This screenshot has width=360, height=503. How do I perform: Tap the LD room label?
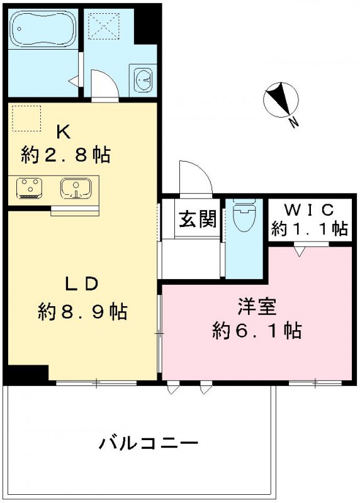[82, 284]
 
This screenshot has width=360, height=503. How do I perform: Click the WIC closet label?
[309, 209]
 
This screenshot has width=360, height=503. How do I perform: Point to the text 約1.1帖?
[309, 229]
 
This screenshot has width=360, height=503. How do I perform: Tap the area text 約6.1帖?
[256, 329]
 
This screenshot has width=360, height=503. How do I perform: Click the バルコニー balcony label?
[149, 443]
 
